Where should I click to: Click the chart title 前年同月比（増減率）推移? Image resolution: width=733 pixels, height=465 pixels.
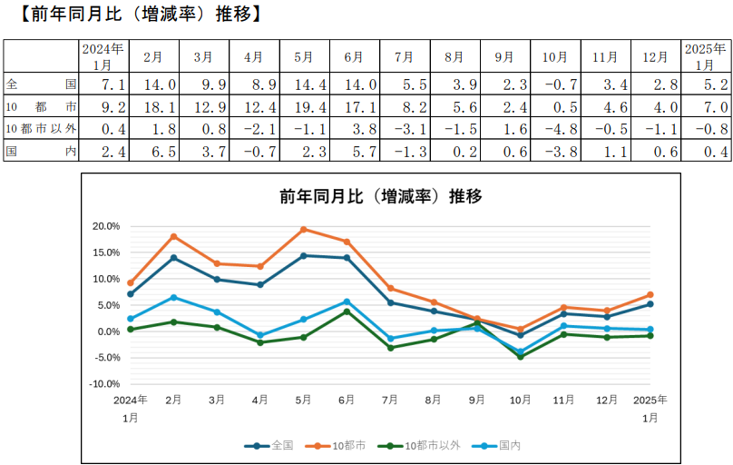pos(380,195)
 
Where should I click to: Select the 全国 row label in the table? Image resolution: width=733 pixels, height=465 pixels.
pos(41,84)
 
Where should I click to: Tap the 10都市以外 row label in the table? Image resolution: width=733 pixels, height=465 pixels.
pos(41,128)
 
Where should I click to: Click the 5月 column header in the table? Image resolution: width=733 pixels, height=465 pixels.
pos(304,56)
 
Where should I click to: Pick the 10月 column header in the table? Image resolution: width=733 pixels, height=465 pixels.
pos(554,56)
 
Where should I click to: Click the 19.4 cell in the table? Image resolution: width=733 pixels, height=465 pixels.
pos(304,106)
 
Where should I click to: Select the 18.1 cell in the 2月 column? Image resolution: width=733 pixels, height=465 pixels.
pos(153,106)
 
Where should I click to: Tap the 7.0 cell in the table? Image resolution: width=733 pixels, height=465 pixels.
pos(705,106)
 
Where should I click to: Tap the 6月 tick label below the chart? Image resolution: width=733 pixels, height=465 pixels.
pos(347,401)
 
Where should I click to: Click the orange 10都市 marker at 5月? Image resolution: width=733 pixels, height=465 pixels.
pos(304,230)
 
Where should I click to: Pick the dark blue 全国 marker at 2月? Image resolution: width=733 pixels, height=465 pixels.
pos(173,258)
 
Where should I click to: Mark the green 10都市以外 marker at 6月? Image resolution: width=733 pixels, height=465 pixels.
pos(347,312)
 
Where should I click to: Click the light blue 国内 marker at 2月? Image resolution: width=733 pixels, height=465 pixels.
pos(173,297)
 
